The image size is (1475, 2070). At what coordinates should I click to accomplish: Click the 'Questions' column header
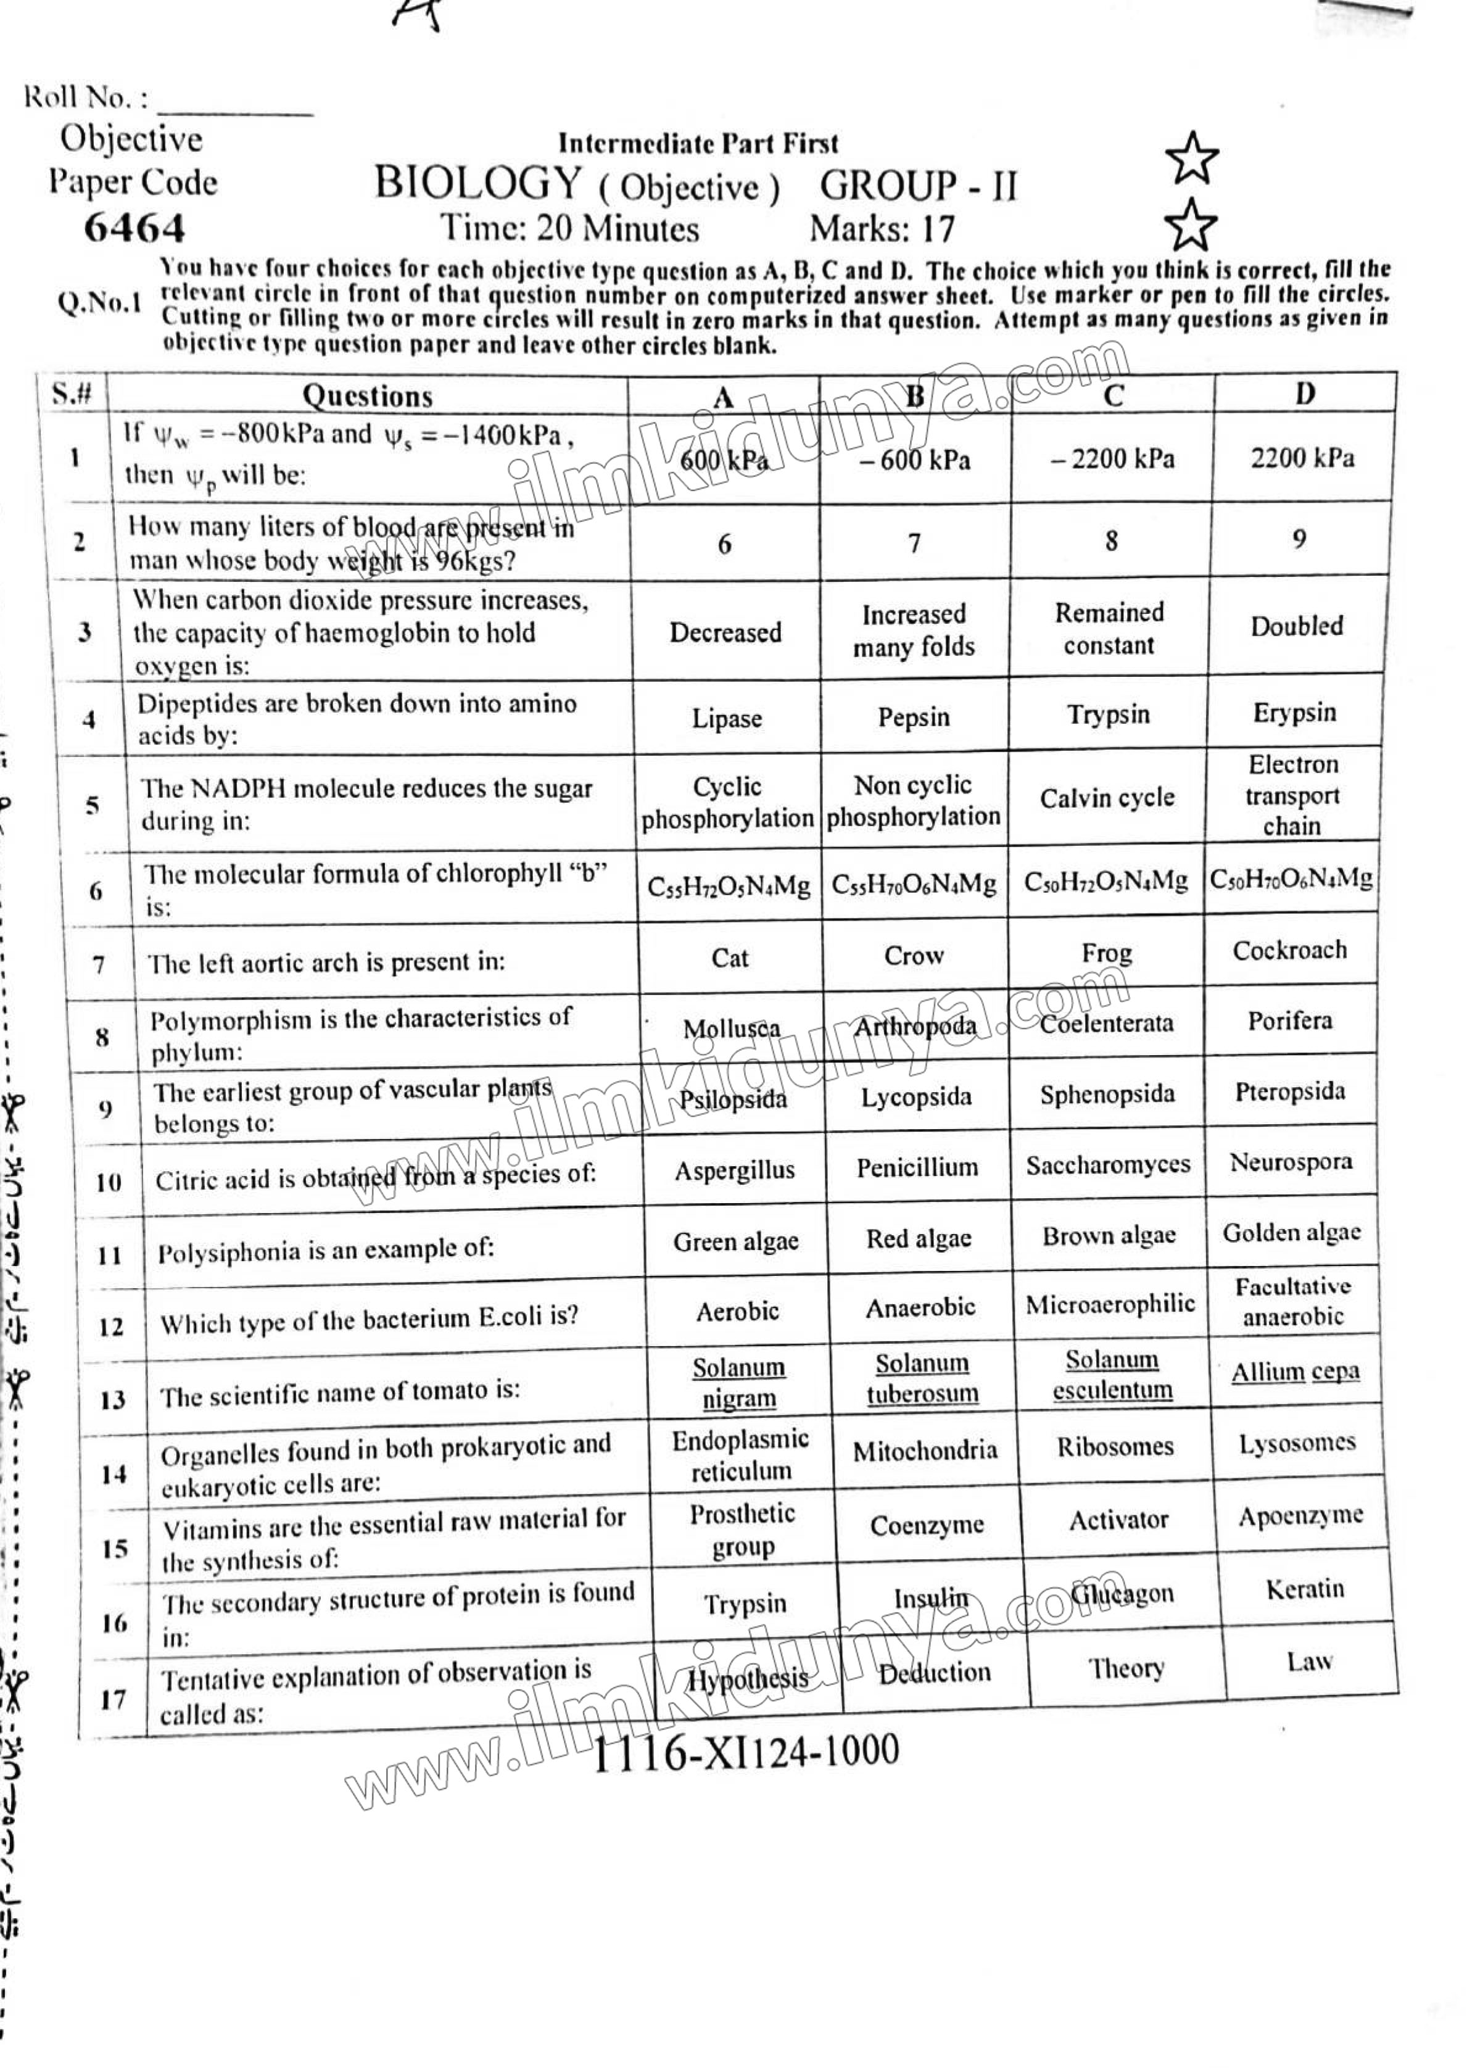pos(367,396)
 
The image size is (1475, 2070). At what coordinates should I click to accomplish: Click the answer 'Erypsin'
pos(1294,712)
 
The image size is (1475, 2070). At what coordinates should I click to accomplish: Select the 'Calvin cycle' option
pos(1107,798)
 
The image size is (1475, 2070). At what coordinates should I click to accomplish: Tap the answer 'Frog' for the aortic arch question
pos(1106,953)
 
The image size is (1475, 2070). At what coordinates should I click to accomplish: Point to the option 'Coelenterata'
pos(1106,1024)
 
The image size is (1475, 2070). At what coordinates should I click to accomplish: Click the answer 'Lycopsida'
pos(917,1097)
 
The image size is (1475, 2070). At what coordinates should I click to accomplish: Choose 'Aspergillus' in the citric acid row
pos(735,1170)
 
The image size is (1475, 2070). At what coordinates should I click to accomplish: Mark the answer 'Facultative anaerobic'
pos(1292,1301)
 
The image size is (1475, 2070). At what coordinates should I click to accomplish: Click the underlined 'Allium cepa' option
pos(1295,1372)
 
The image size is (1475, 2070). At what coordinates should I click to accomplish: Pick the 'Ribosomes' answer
pos(1115,1446)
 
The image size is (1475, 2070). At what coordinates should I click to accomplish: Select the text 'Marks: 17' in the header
pos(882,229)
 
